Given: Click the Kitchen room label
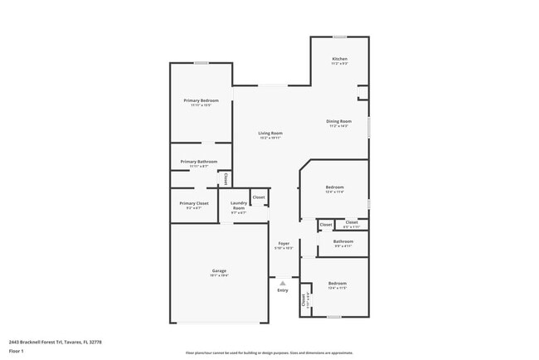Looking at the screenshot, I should (x=339, y=59).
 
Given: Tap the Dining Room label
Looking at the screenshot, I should (x=338, y=121).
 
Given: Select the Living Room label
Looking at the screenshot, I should (x=269, y=133).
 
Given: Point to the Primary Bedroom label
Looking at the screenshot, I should (x=201, y=100).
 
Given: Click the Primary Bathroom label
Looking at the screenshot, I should (x=199, y=161).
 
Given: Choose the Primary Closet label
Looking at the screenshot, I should (x=193, y=203).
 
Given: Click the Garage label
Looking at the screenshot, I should (x=219, y=270).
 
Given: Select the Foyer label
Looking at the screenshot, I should (x=284, y=244).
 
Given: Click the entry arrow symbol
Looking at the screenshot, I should (x=283, y=283).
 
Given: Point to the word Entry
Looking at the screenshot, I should (x=283, y=290).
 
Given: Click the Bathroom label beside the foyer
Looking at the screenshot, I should (x=343, y=241).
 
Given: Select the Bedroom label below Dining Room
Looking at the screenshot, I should (x=335, y=187).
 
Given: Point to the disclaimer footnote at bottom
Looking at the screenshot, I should (x=269, y=352).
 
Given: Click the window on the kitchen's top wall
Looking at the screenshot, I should (x=339, y=36).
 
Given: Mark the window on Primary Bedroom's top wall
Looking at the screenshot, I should (x=201, y=63).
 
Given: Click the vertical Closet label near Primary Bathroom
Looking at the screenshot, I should (x=226, y=178).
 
